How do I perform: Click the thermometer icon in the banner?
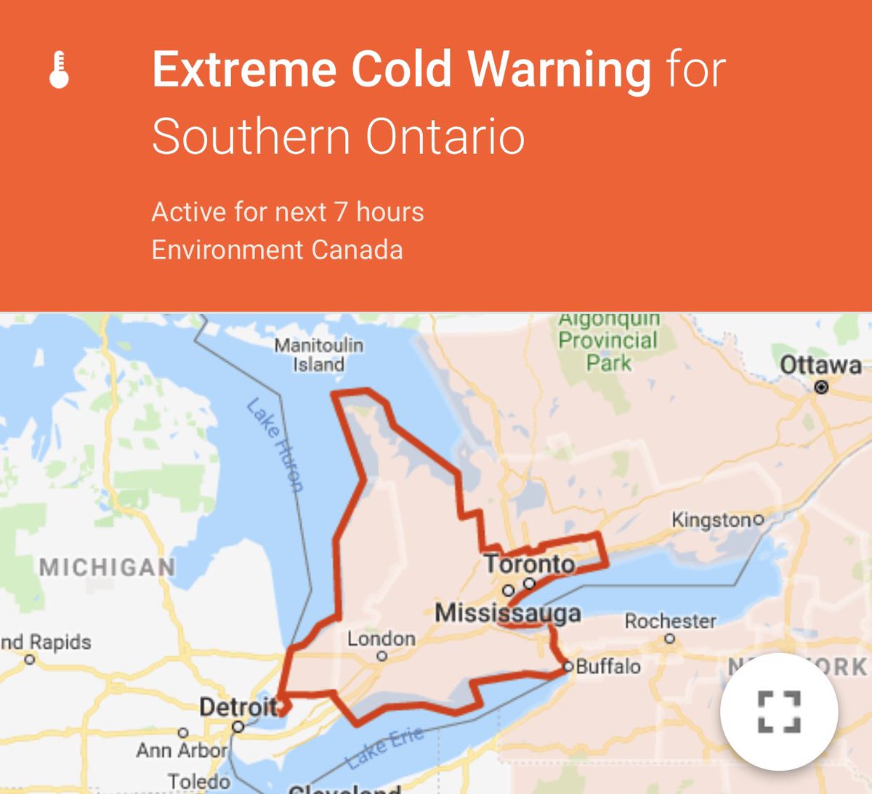[x=59, y=70]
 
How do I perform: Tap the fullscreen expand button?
[x=779, y=711]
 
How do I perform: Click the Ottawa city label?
[x=820, y=365]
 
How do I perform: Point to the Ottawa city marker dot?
[x=821, y=387]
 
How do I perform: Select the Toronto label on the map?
[x=530, y=564]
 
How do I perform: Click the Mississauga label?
[x=508, y=613]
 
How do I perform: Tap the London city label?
[x=381, y=639]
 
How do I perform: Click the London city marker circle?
[x=382, y=656]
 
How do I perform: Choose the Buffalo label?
[x=608, y=667]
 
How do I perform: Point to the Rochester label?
[x=670, y=621]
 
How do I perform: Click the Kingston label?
[x=712, y=520]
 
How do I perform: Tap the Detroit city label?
[x=238, y=706]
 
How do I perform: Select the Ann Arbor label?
[x=182, y=750]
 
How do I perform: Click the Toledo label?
[x=199, y=782]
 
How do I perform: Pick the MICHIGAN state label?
[x=108, y=567]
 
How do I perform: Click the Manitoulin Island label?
[x=318, y=355]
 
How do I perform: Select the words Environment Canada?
[x=277, y=250]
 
